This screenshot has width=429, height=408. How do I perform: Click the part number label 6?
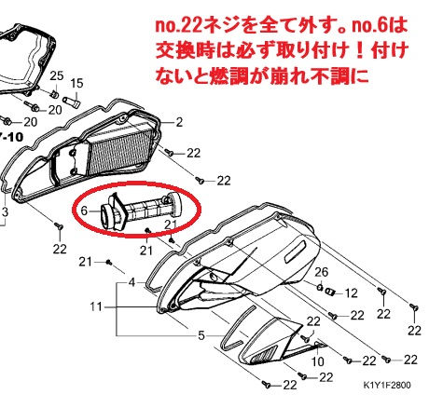(x=84, y=211)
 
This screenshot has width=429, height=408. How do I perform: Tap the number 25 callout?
(x=57, y=75)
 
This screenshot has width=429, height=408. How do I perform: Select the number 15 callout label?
(x=76, y=83)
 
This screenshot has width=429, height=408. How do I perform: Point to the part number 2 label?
(x=179, y=122)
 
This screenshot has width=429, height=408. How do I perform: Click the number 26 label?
(x=321, y=272)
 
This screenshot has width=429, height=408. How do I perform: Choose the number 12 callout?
(x=351, y=293)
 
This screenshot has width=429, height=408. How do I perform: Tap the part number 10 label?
(x=317, y=361)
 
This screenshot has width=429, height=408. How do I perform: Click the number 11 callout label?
(x=96, y=307)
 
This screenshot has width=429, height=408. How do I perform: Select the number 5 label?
(x=201, y=335)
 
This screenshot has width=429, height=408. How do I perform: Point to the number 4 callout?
(x=132, y=283)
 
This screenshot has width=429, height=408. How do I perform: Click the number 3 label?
(x=5, y=212)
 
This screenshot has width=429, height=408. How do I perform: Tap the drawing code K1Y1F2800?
(x=387, y=385)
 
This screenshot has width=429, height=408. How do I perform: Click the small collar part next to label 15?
(x=72, y=102)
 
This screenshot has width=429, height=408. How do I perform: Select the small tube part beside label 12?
(x=329, y=292)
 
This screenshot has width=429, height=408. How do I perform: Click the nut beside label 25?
(x=55, y=93)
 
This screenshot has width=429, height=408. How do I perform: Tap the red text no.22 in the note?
(x=176, y=26)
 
